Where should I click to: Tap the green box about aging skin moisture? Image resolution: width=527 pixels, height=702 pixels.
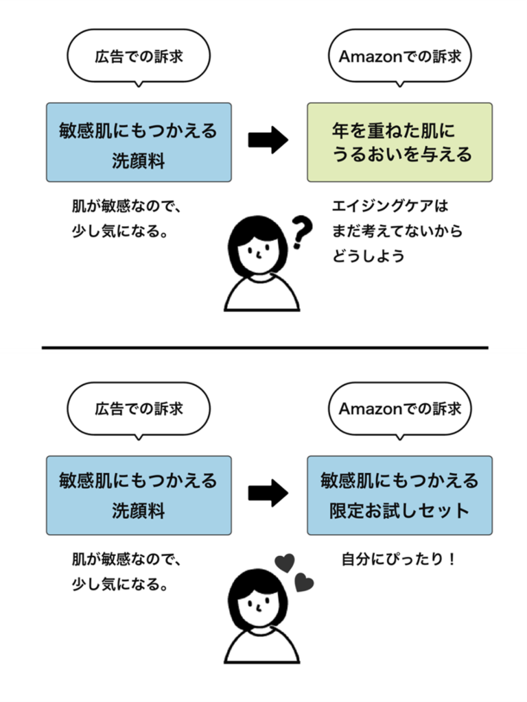click(399, 142)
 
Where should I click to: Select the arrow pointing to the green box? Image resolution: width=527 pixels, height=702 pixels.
click(268, 141)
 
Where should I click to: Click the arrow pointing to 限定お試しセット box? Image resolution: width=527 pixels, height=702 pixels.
click(268, 493)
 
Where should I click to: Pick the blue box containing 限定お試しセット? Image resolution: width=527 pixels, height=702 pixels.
click(399, 494)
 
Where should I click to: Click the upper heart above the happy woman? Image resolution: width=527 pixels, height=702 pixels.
click(284, 563)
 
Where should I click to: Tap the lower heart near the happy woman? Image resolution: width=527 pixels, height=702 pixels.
click(304, 583)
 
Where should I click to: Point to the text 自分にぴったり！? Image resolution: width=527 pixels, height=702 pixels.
click(399, 559)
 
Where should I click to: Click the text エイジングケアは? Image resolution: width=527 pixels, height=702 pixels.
click(390, 206)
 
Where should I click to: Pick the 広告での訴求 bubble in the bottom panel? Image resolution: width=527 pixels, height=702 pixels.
click(139, 409)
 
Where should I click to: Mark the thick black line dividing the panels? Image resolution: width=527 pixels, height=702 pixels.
click(263, 350)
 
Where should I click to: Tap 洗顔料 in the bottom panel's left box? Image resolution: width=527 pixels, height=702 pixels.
click(139, 512)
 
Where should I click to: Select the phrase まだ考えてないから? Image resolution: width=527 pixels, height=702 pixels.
click(397, 231)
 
